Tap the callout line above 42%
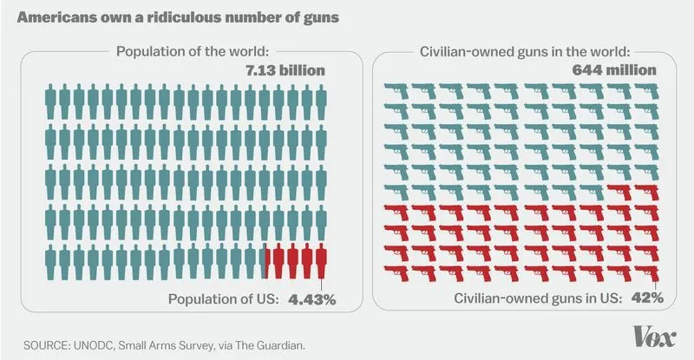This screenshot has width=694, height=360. click(x=657, y=281)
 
